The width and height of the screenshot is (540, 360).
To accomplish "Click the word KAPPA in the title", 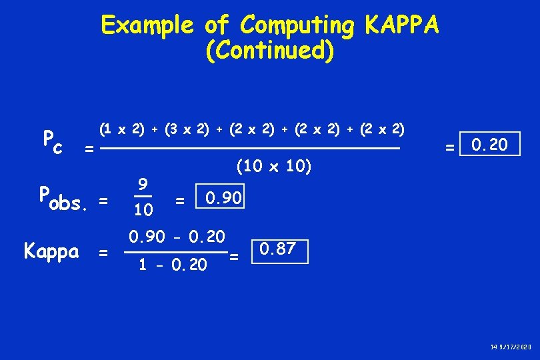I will coord(402,25).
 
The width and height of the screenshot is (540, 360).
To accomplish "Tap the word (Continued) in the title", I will coord(270,51).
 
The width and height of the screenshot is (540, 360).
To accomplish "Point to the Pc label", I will coord(52,140).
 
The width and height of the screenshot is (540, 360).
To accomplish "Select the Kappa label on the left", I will coord(51,251).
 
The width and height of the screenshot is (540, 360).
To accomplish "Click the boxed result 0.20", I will coord(489,144).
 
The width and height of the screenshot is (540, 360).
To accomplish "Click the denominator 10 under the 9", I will coord(142,211).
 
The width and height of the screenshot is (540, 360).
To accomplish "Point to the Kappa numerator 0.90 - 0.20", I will coord(177,236).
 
